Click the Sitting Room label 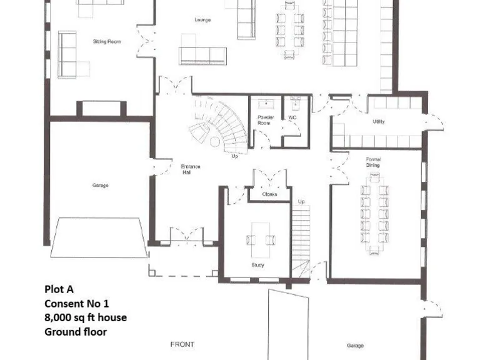tap(106, 42)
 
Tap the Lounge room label tap(202, 20)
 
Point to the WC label tap(292, 117)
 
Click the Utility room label tap(378, 121)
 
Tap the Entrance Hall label tap(190, 169)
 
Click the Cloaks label tap(269, 194)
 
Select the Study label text tap(257, 265)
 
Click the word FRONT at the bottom tap(182, 344)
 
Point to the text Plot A tap(59, 289)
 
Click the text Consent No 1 tap(77, 304)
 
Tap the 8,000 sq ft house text tap(85, 317)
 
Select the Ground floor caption tap(75, 332)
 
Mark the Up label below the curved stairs tap(234, 156)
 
